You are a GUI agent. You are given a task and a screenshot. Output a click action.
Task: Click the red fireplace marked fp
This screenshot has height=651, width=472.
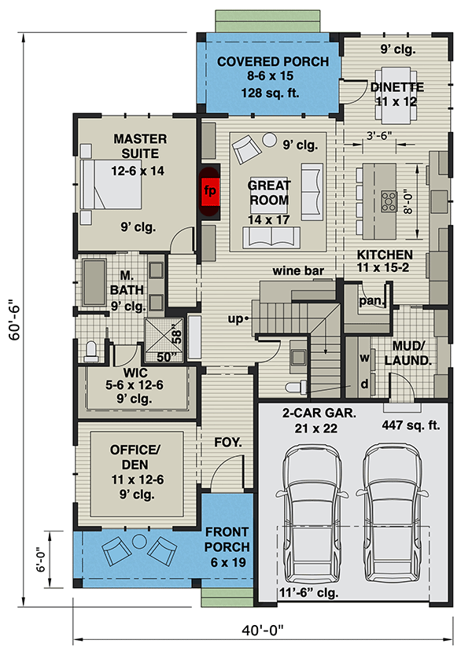(x=210, y=191)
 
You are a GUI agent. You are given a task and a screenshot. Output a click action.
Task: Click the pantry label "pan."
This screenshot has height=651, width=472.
(x=371, y=300)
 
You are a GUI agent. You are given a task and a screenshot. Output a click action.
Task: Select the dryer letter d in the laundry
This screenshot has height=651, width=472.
(x=365, y=385)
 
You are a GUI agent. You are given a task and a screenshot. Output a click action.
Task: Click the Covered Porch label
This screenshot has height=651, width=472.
(x=272, y=78)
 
